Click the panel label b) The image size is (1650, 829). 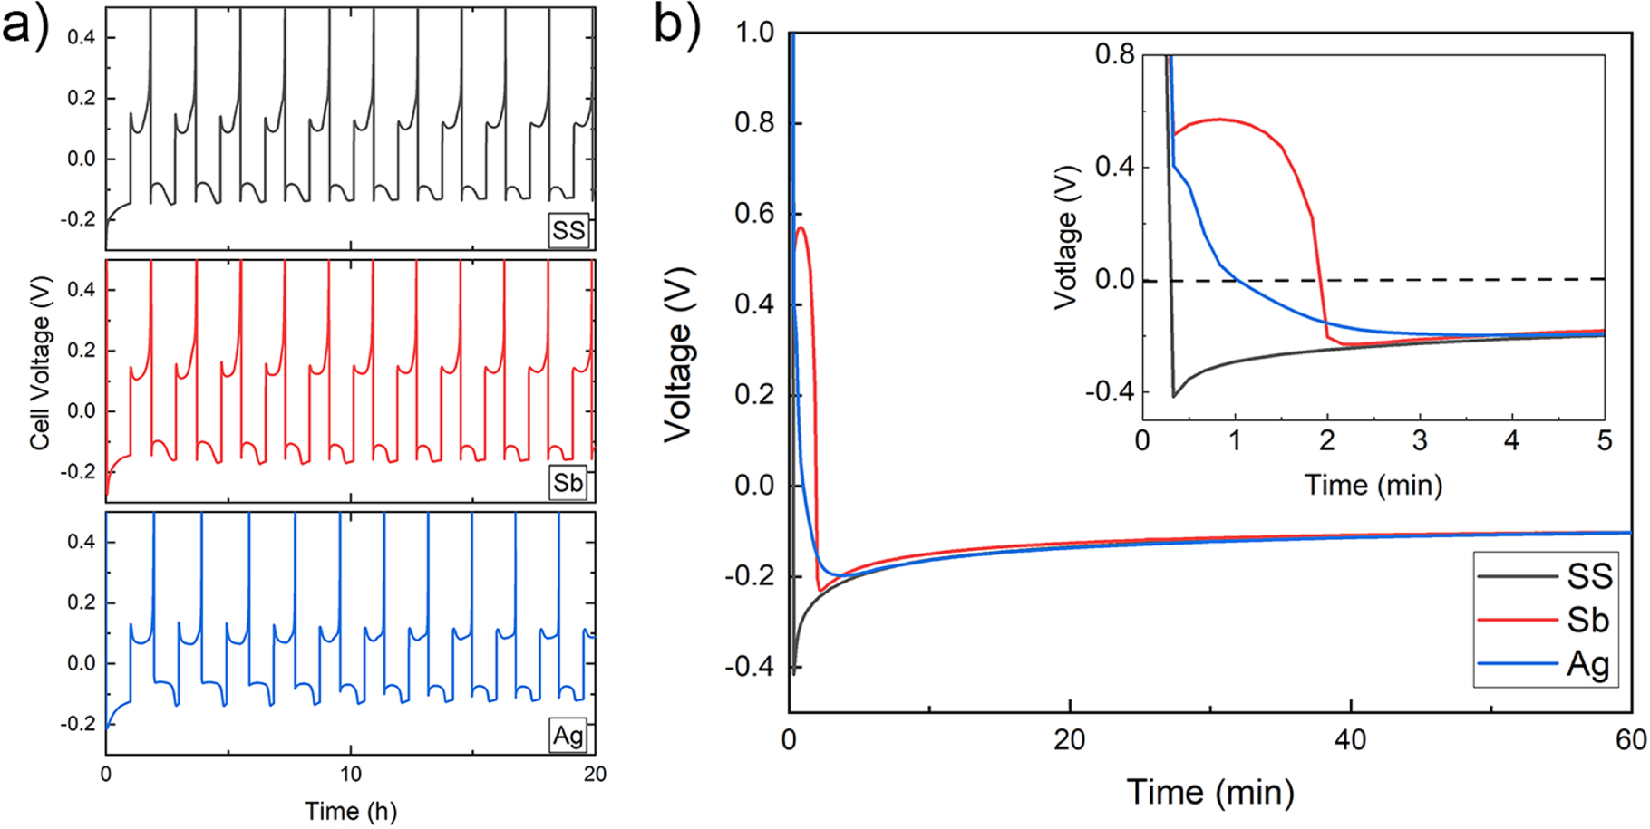(675, 25)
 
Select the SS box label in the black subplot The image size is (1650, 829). (568, 231)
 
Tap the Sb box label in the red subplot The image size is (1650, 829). (568, 483)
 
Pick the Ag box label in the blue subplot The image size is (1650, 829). (568, 735)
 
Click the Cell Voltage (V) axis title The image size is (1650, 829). (40, 362)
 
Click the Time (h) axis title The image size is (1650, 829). (350, 811)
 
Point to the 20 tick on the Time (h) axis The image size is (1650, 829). (595, 775)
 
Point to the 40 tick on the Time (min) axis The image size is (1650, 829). (1350, 740)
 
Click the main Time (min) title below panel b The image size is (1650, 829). (1209, 793)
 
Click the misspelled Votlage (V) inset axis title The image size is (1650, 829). (1067, 237)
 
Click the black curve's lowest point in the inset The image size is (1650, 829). (1174, 397)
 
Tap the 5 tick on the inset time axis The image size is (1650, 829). (1604, 441)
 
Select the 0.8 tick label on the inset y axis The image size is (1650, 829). (1114, 54)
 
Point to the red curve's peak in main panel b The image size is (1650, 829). (801, 227)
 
